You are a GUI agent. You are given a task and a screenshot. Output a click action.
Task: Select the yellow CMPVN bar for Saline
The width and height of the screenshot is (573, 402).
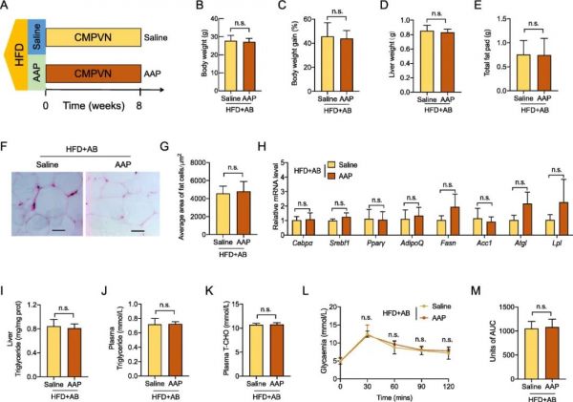tap(105, 36)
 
